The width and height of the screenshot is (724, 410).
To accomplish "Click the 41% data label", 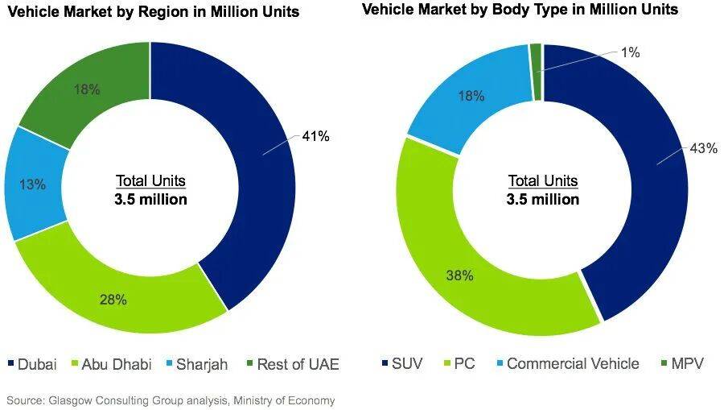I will point(316,136).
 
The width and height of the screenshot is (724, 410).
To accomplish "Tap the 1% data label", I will point(631,52).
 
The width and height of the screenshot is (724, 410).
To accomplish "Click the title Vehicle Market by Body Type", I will point(520,10).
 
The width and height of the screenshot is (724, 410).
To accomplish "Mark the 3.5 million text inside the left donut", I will point(150,199).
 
